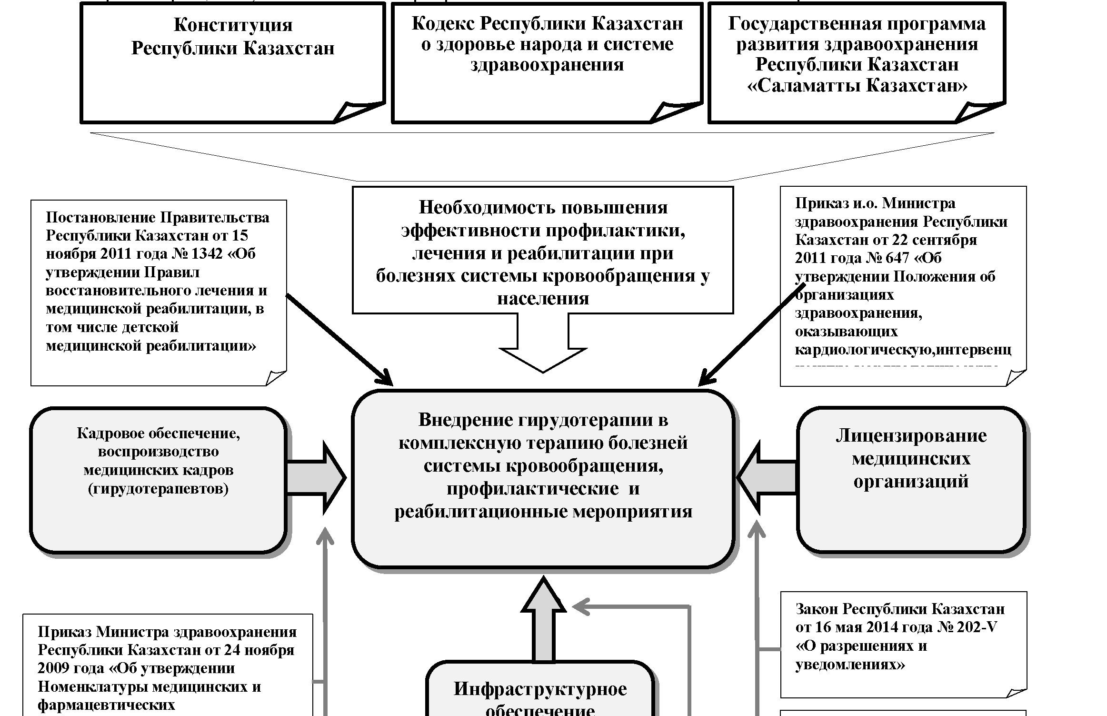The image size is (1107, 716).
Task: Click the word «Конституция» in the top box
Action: (233, 25)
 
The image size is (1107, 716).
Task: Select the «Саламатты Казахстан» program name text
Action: (857, 86)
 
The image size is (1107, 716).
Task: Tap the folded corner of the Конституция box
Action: (355, 112)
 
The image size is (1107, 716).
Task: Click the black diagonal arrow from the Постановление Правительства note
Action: (339, 339)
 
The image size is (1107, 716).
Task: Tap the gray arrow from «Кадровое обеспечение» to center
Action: (317, 477)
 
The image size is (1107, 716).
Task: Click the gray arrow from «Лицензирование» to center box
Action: (767, 477)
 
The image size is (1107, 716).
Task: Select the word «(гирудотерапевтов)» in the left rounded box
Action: (159, 489)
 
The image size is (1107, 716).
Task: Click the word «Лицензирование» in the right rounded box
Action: (911, 436)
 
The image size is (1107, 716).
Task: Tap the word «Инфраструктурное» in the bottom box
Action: (540, 689)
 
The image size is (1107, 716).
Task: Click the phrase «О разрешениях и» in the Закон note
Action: (861, 646)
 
